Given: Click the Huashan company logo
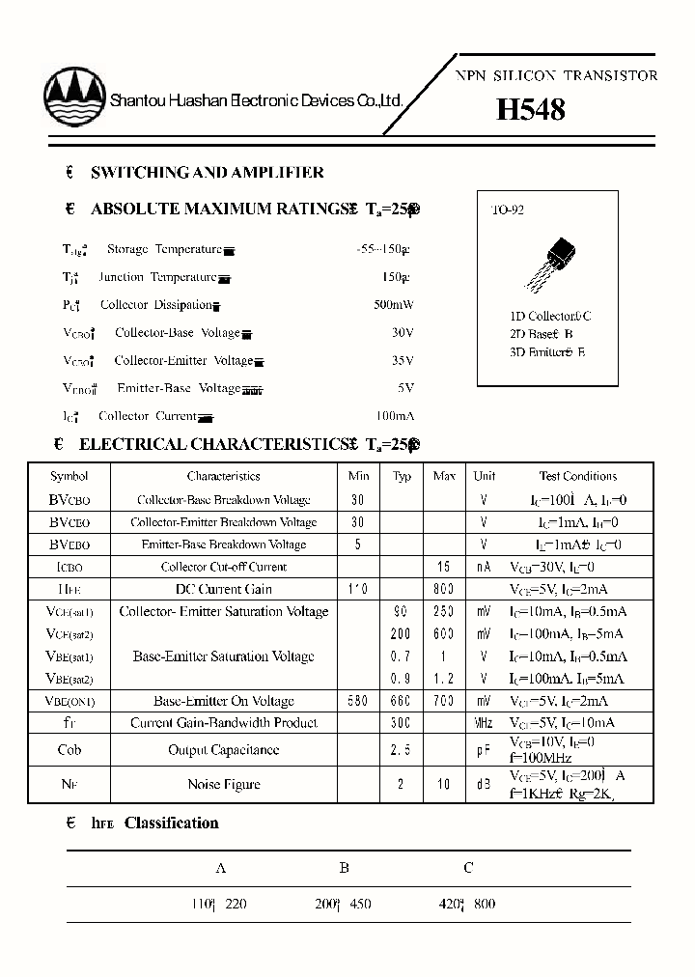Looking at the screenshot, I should pos(75,100).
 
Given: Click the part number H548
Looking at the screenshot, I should pos(530,110).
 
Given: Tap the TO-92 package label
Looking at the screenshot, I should pos(508,209).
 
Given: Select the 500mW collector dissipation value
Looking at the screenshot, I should pos(393,305).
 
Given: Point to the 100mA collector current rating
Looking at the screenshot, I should pos(392,416).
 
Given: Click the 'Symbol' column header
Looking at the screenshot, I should pos(69,476).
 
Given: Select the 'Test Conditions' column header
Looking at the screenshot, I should pos(577,476).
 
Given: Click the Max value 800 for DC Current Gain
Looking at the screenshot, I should pos(444,589).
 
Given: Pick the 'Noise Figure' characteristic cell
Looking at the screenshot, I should pos(223,784).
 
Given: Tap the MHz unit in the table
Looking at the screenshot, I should pos(485,723).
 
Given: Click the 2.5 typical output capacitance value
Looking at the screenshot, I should pos(401,750).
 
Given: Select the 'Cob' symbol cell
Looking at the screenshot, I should pos(69,750).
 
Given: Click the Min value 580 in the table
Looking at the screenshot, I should pos(356,701).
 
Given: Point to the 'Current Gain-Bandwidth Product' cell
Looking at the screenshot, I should pos(223,723).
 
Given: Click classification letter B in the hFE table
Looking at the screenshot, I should pos(345,868).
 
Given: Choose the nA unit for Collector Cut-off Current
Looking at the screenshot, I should pos(485,567).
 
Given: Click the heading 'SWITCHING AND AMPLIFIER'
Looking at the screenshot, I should pos(207,173).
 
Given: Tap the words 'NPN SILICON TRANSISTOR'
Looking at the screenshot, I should pos(557,75).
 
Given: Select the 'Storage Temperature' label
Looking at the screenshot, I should pos(164,249).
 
